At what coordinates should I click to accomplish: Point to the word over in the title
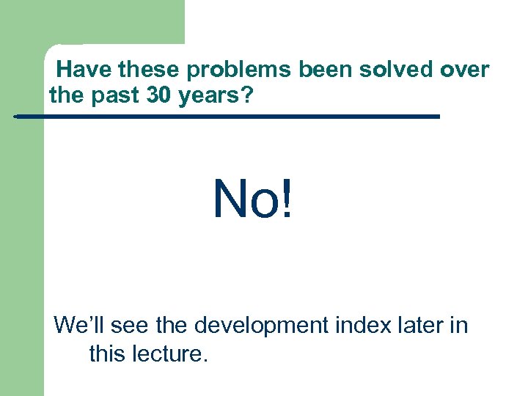click(465, 70)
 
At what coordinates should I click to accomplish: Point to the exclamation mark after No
click(286, 199)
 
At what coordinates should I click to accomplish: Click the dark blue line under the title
click(227, 117)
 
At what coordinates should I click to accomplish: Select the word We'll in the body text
click(80, 325)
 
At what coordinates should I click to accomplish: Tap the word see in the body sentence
click(131, 325)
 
